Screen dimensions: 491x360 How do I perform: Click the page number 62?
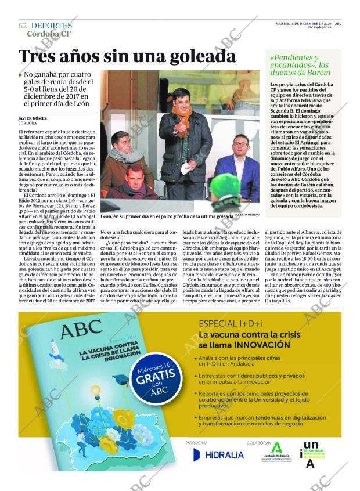[x=23, y=26]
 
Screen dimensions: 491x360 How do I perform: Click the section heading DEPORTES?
[x=51, y=26]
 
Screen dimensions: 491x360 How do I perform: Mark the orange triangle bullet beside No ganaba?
[x=21, y=75]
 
